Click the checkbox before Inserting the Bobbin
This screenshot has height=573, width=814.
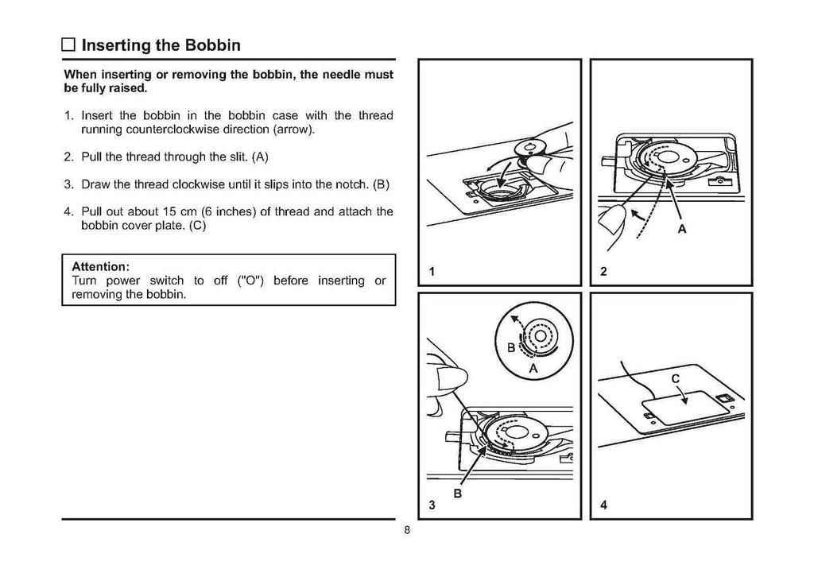[69, 45]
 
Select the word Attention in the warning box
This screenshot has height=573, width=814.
[100, 265]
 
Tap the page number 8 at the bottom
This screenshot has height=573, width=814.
[406, 531]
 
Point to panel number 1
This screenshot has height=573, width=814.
[432, 272]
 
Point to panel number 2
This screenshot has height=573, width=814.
[603, 272]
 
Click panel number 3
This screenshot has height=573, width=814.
[432, 505]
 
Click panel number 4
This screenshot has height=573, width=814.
[603, 505]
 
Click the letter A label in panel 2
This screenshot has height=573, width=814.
[681, 230]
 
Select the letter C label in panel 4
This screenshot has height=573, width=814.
[676, 379]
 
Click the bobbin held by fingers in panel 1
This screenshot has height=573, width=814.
[525, 147]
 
